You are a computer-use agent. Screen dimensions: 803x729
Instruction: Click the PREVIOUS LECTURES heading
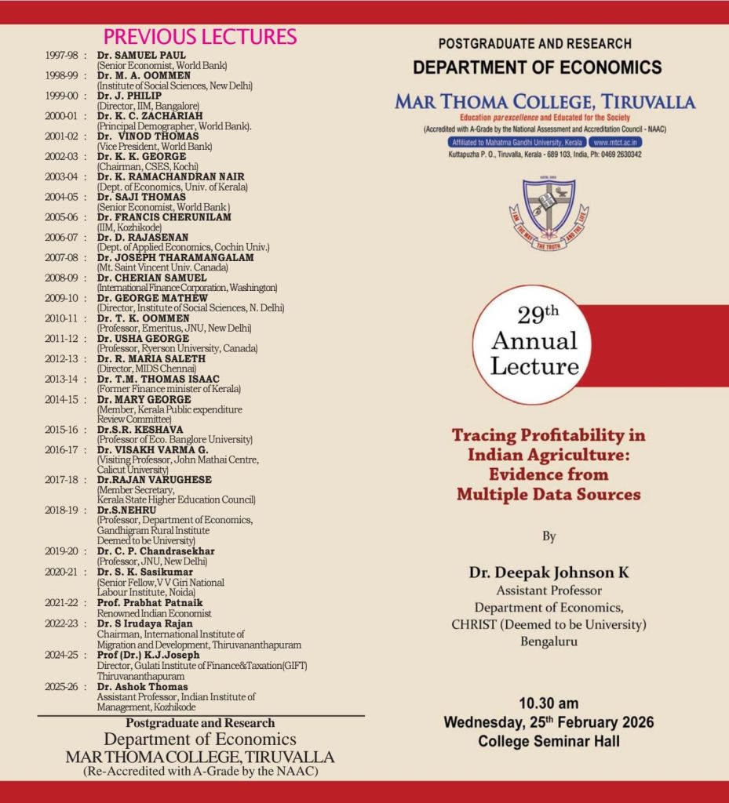[x=200, y=37]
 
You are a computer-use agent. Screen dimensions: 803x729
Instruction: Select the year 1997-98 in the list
[x=63, y=56]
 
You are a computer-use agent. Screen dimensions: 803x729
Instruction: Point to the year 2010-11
[x=63, y=318]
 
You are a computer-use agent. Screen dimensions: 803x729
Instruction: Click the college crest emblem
[x=549, y=213]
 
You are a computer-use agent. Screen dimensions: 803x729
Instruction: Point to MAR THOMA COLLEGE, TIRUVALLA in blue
[x=545, y=102]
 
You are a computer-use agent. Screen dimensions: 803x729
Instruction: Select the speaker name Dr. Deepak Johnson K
[x=549, y=572]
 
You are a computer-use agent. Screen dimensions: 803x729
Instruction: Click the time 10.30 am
[x=549, y=703]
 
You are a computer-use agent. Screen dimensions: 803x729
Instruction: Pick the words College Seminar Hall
[x=549, y=741]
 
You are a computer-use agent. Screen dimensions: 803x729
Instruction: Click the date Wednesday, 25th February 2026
[x=549, y=721]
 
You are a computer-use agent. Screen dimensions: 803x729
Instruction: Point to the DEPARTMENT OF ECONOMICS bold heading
[x=538, y=67]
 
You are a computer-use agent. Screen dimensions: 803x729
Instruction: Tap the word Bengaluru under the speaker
[x=549, y=641]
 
